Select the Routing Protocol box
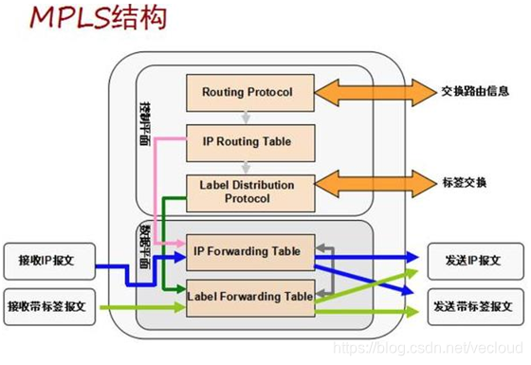246,92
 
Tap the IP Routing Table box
246,141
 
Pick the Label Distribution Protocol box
246,191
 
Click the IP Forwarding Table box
246,251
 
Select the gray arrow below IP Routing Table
246,165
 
